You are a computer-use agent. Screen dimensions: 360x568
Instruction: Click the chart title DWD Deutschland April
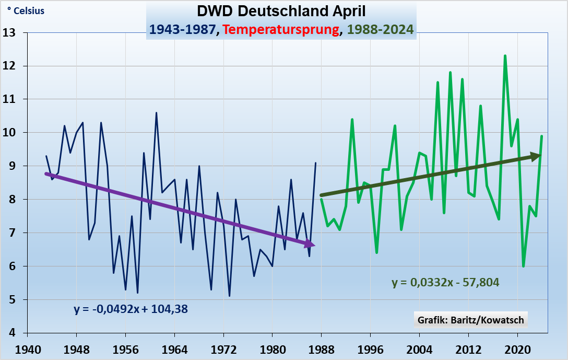click(x=281, y=11)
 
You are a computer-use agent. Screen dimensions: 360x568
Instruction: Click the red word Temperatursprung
click(x=280, y=29)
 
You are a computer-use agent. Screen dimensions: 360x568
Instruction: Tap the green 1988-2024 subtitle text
click(x=381, y=29)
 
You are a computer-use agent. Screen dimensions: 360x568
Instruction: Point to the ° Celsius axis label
click(x=26, y=11)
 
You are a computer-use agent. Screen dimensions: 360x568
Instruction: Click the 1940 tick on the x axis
click(x=28, y=349)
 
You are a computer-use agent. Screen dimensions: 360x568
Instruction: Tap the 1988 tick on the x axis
click(x=321, y=349)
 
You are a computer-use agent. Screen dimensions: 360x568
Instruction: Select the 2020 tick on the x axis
click(x=517, y=349)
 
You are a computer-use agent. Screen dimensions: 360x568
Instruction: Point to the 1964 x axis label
click(x=174, y=349)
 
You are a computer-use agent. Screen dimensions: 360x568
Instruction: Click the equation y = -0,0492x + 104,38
click(x=131, y=309)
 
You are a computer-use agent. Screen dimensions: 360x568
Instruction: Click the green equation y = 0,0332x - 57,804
click(x=445, y=283)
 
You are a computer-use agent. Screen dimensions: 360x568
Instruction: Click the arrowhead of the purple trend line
click(x=311, y=243)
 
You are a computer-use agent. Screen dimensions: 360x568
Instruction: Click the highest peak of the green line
click(x=505, y=55)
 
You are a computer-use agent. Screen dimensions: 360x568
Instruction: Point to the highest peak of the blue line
click(x=156, y=112)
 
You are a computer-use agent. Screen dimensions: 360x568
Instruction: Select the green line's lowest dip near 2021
click(x=523, y=266)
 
